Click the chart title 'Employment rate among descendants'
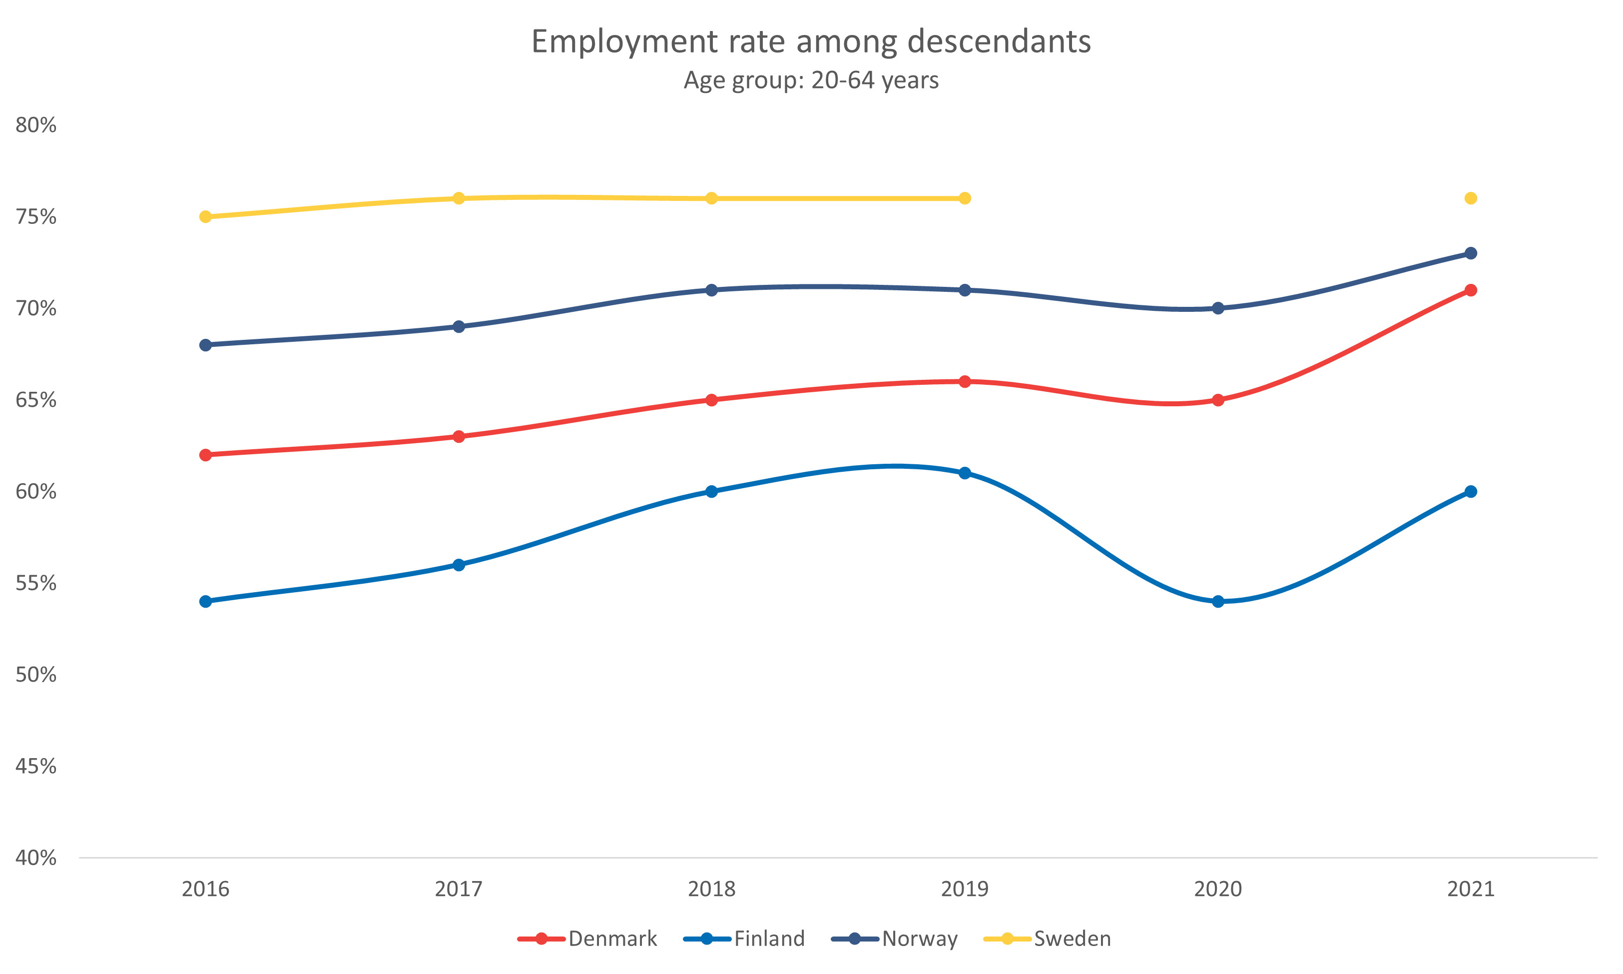811,41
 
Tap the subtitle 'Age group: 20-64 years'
811,80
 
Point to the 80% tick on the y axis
36,125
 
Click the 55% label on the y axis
36,583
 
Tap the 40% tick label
36,857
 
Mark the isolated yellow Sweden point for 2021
1471,198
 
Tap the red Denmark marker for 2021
1471,290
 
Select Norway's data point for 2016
205,345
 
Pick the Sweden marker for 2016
205,216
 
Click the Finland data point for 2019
964,473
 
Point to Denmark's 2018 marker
712,400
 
